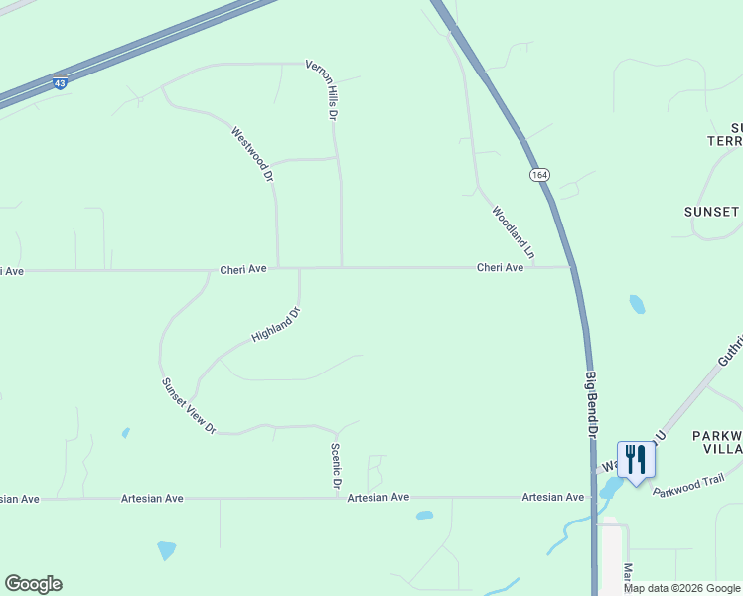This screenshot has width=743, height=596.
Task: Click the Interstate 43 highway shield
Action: [61, 84]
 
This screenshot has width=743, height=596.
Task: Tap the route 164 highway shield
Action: [539, 175]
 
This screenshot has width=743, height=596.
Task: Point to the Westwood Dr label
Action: [252, 154]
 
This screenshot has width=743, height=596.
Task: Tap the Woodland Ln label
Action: [513, 232]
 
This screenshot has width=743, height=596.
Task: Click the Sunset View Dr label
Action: [188, 405]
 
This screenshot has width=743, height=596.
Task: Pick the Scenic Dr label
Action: [336, 466]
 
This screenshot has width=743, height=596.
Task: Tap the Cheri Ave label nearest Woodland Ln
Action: [500, 267]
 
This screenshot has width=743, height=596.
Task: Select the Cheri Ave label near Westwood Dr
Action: [243, 269]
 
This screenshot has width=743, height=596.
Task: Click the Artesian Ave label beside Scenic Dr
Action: [378, 497]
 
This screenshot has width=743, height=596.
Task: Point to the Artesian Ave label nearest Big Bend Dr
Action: [552, 497]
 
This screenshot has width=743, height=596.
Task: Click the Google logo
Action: [33, 584]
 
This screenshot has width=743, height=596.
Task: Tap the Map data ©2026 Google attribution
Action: [681, 588]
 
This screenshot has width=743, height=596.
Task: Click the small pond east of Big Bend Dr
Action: [637, 304]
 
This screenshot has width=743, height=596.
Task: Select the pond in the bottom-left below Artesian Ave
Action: [166, 549]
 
